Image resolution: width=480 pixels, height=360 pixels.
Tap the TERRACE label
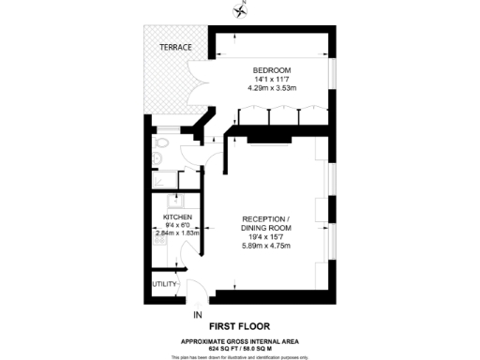[174, 47]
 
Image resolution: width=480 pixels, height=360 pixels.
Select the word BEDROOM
[272, 70]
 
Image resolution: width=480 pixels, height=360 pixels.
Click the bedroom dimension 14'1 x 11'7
[272, 80]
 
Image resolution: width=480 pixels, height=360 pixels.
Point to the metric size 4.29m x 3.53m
[272, 89]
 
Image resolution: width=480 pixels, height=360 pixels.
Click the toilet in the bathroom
[161, 142]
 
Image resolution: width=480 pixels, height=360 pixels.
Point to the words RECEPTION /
[267, 218]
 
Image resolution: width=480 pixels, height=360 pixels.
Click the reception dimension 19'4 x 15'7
[267, 237]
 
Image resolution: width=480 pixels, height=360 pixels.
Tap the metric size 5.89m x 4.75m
[267, 247]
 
